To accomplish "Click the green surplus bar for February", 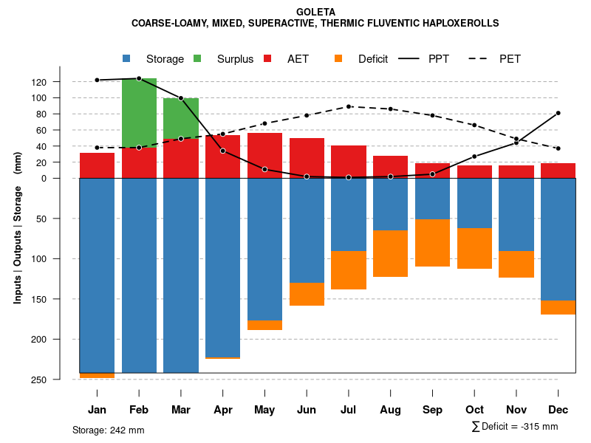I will pos(139,112).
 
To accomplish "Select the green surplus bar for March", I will pos(181,118).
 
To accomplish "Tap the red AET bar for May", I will pos(264,155).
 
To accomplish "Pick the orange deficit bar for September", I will pos(432,243).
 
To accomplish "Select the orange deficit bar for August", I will pos(390,253).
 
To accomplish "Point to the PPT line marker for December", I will pos(558,113).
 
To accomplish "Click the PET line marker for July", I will pos(349,106).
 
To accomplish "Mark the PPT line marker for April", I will pos(223,151).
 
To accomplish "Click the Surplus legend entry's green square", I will pos(198,59).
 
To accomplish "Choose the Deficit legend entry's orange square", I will pos(339,59).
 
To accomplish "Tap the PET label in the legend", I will pos(510,59).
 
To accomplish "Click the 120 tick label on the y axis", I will pos(60,82).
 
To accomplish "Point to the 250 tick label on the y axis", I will pos(60,380).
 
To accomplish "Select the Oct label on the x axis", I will pos(474,410).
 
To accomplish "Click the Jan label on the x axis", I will pos(98,410).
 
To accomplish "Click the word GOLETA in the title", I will pos(315,12).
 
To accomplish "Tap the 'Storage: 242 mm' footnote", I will pos(108,430).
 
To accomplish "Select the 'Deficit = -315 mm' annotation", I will pos(519,427).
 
